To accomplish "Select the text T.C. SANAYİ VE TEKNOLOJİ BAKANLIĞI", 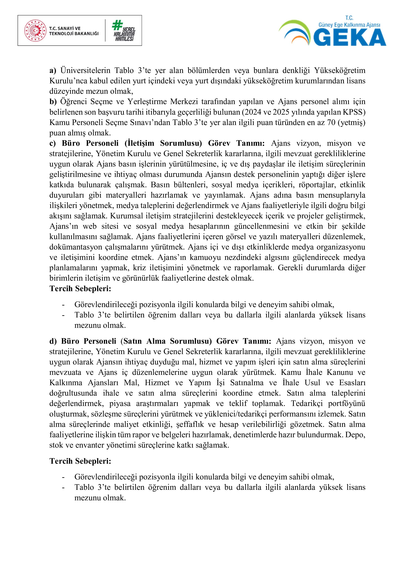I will [74, 31].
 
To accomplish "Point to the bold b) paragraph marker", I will [53, 102].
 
